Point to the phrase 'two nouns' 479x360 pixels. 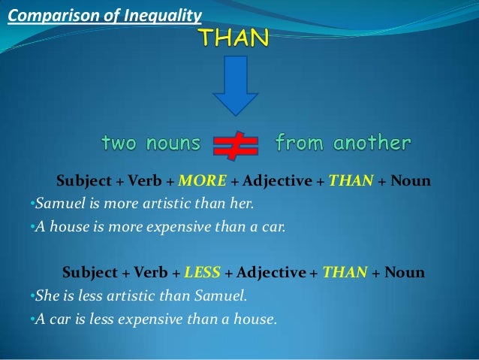pyautogui.click(x=151, y=143)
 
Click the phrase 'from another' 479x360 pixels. pyautogui.click(x=343, y=143)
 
